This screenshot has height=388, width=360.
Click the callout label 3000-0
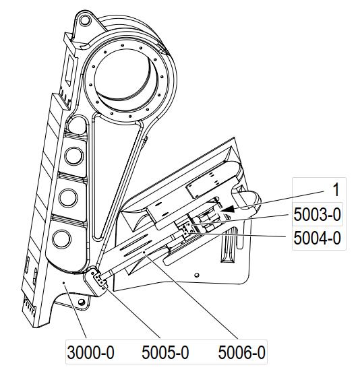(x=90, y=352)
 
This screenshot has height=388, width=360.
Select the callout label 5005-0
(x=165, y=352)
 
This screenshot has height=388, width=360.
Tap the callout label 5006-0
(x=241, y=352)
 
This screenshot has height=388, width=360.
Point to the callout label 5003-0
(x=317, y=214)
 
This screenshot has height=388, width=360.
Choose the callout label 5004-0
(x=317, y=238)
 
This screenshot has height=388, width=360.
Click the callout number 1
(x=336, y=190)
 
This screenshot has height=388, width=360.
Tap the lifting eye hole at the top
(x=84, y=20)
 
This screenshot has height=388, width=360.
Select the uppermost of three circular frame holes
(x=73, y=156)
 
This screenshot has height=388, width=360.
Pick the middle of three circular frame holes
(x=68, y=198)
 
